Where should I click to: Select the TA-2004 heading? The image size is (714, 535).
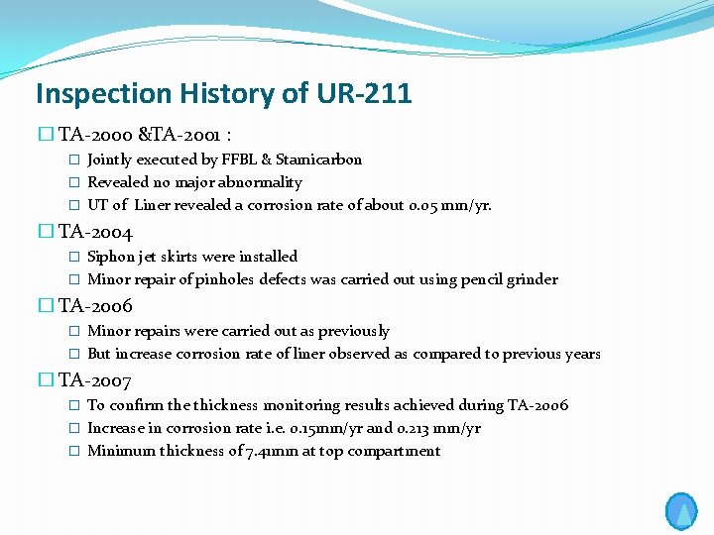tap(95, 234)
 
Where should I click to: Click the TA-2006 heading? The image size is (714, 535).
tap(95, 307)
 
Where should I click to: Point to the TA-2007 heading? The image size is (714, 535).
tap(95, 381)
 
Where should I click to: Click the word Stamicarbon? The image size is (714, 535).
tap(318, 160)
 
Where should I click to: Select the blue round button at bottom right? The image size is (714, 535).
tap(681, 511)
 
